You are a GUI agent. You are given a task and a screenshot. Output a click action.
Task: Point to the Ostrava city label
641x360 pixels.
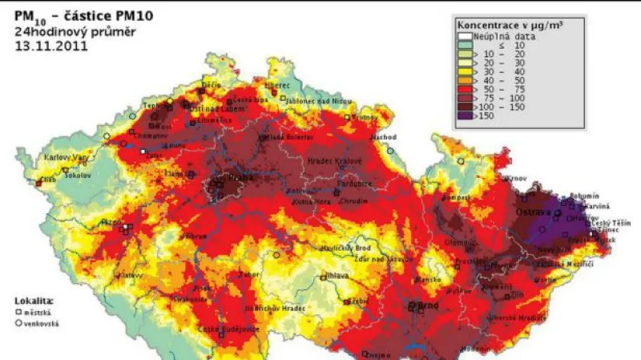[x=547, y=212]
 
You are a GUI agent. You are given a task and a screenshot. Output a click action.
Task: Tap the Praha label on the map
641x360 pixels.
[x=232, y=177]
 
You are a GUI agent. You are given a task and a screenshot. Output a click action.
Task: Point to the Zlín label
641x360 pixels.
[x=505, y=295]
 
